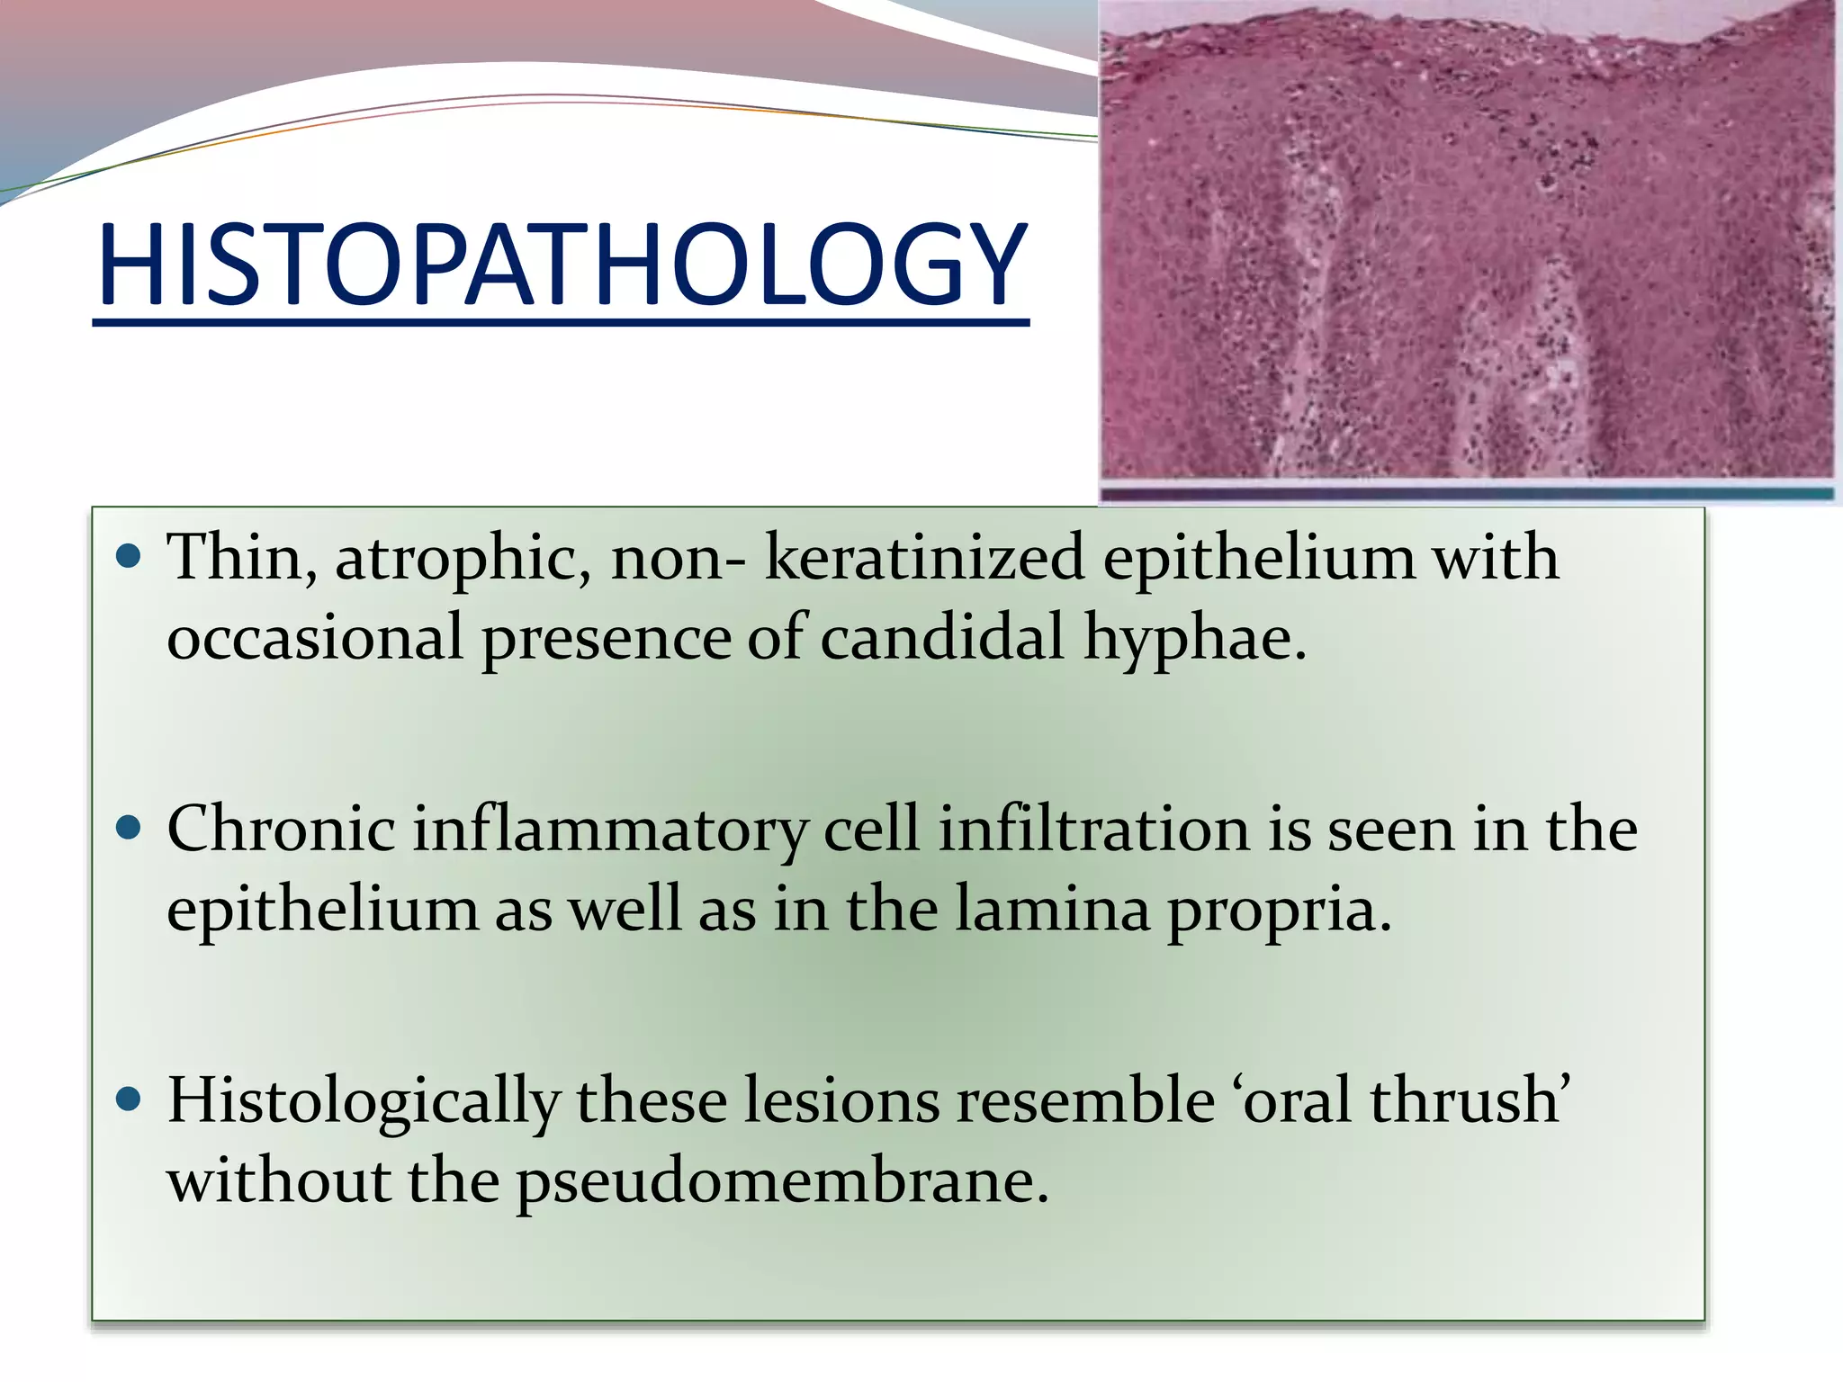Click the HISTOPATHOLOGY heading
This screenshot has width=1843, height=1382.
point(561,265)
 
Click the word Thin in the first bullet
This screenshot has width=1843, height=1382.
point(235,558)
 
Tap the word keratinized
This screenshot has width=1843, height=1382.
point(924,558)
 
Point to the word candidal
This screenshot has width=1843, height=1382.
point(942,637)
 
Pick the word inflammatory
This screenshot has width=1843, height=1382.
point(609,830)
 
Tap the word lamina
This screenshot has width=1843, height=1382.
point(1052,909)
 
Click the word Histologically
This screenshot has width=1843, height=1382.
point(364,1102)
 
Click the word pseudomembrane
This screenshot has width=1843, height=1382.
point(782,1181)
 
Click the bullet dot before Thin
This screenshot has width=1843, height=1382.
point(130,558)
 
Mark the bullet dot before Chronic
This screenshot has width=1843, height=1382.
point(130,829)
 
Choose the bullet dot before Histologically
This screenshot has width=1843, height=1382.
point(130,1099)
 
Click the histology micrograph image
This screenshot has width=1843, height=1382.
point(1467,243)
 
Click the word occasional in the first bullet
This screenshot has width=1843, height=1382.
point(315,638)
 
